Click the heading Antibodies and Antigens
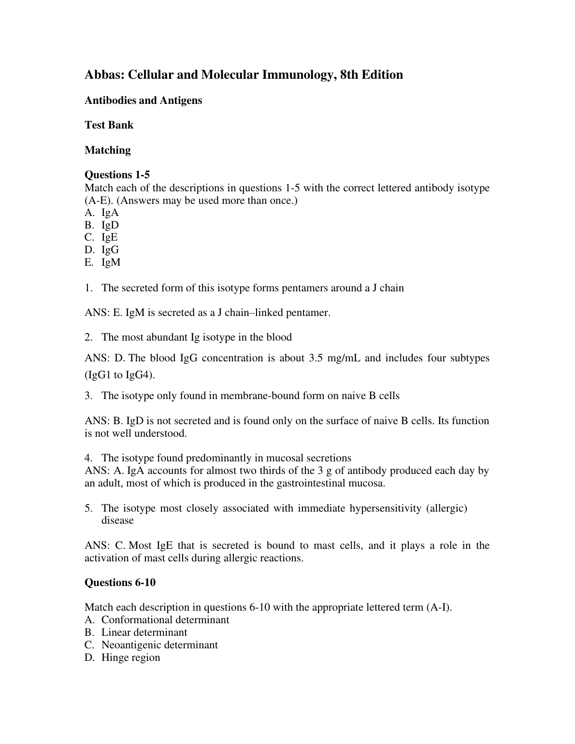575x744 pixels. tap(143, 100)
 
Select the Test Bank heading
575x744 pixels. tap(109, 125)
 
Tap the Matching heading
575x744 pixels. tap(107, 150)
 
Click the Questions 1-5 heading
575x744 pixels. tap(117, 175)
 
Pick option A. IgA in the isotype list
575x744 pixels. tap(102, 213)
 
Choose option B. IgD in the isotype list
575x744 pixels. tap(102, 225)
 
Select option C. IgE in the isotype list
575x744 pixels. tap(101, 237)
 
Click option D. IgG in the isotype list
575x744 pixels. tap(102, 250)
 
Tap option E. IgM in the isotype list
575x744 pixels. tap(102, 262)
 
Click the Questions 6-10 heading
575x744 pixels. tap(120, 583)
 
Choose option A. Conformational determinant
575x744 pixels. tap(157, 620)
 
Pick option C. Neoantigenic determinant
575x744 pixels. tap(151, 645)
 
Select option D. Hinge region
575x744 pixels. tap(122, 658)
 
